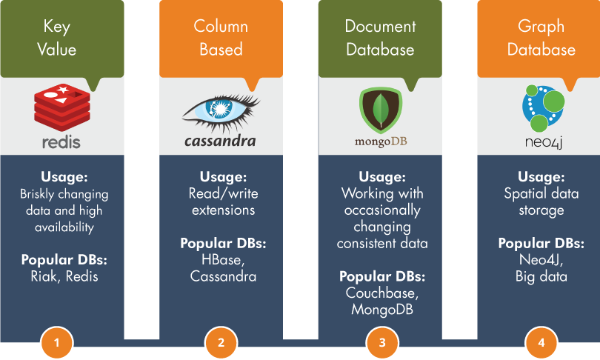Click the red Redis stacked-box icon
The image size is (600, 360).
(x=61, y=107)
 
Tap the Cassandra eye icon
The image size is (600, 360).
(x=220, y=112)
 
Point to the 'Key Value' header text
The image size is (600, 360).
(x=61, y=39)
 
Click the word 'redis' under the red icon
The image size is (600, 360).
(x=61, y=141)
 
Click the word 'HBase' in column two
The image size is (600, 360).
(x=221, y=260)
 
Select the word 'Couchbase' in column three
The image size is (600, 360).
(x=381, y=293)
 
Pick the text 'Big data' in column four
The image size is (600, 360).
(x=541, y=276)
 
